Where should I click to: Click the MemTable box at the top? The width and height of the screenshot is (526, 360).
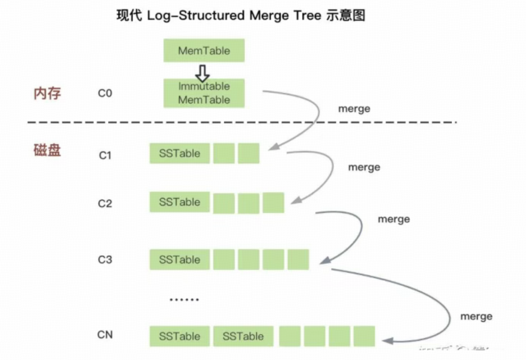(204, 51)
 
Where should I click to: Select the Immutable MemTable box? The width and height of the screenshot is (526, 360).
(204, 93)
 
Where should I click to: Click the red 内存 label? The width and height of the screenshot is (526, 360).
(47, 93)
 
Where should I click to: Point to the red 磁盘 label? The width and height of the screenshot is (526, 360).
(47, 150)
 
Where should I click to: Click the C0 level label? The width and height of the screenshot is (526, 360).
(105, 93)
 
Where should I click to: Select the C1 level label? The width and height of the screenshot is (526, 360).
(105, 155)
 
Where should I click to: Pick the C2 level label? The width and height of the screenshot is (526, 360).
(105, 203)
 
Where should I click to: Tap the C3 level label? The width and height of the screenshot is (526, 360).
(105, 260)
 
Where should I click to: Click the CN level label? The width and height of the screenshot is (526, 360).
(105, 335)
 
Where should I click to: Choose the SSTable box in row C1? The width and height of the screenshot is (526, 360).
(180, 153)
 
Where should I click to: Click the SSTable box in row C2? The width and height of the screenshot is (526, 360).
(180, 202)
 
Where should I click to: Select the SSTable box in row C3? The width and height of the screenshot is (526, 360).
(180, 260)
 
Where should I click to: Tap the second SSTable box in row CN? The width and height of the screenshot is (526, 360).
(243, 336)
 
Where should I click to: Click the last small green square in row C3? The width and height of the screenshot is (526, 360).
(298, 260)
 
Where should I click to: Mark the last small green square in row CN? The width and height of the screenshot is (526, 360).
(364, 336)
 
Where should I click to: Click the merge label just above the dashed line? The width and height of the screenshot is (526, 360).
(354, 109)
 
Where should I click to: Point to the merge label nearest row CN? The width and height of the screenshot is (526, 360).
(476, 317)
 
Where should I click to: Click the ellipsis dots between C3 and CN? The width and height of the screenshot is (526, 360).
(184, 299)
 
